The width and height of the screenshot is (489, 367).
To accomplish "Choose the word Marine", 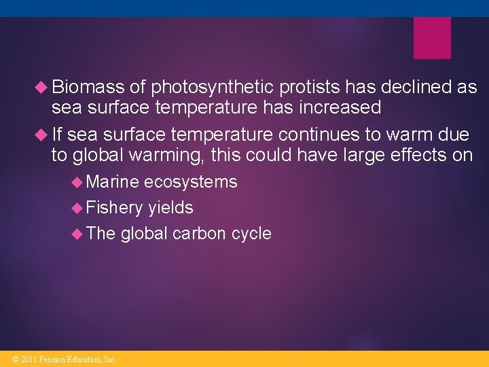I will pos(113,182).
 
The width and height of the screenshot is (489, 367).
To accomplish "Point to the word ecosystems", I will pos(191,182).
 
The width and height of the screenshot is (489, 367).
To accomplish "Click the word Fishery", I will pos(115,208).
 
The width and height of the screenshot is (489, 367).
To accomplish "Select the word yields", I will pos(170,208).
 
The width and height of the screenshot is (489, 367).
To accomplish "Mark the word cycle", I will pos(251,234).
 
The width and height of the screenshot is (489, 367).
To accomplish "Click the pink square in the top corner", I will pos(432,38).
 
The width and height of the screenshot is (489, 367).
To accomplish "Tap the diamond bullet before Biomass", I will pos(43,87).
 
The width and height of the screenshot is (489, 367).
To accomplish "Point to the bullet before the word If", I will pos(43,135).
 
